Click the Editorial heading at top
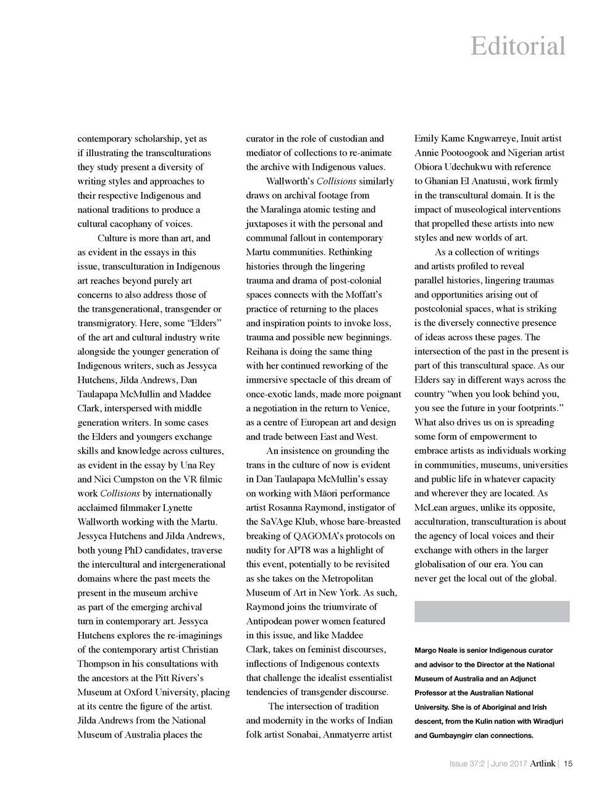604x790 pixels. (x=518, y=46)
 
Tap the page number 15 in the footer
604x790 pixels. (x=568, y=764)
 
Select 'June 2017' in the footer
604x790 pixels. (x=509, y=764)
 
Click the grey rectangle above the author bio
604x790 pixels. (x=492, y=612)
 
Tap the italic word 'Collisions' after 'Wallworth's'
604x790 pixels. (x=336, y=181)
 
